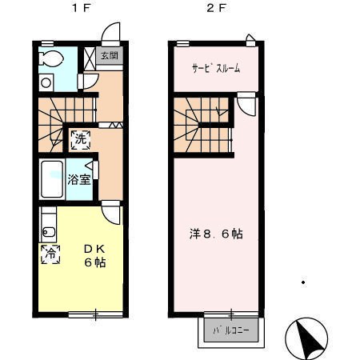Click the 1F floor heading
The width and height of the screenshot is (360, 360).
point(82,8)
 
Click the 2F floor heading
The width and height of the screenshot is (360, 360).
point(216,8)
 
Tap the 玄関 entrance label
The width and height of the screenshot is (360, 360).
point(110,56)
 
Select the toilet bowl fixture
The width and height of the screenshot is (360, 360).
point(51,58)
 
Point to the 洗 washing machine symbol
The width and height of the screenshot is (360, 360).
point(81,139)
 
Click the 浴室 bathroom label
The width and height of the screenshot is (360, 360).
point(79,179)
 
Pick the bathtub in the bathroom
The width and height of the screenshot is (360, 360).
point(52,179)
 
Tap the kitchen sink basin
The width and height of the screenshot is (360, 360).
point(49,232)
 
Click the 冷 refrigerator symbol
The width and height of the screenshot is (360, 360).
point(50,254)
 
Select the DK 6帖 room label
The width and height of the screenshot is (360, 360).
point(95,256)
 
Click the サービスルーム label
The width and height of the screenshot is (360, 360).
point(216,68)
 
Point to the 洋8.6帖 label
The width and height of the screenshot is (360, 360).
point(216,234)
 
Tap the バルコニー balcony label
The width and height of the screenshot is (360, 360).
point(231,330)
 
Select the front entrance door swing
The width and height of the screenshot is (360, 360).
point(111,34)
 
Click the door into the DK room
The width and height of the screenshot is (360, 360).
point(111,213)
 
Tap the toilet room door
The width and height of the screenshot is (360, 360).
point(88,81)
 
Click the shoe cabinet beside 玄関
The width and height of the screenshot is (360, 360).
point(90,58)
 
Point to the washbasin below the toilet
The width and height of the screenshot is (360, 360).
point(46,82)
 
